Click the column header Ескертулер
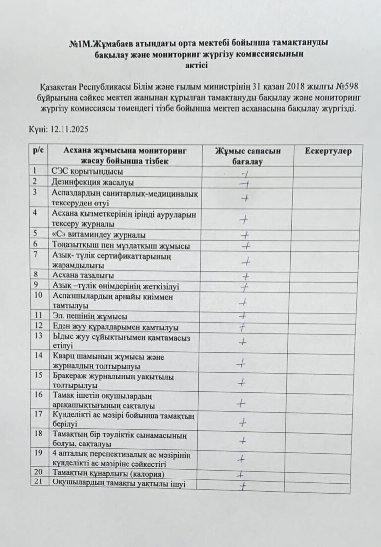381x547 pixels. [329, 151]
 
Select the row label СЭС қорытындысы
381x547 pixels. [87, 172]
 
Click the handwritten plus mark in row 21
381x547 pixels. [244, 485]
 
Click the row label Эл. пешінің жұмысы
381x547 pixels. [89, 316]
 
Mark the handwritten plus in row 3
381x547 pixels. [245, 198]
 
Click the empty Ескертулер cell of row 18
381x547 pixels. [329, 440]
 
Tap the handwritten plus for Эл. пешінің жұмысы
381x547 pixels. [243, 315]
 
